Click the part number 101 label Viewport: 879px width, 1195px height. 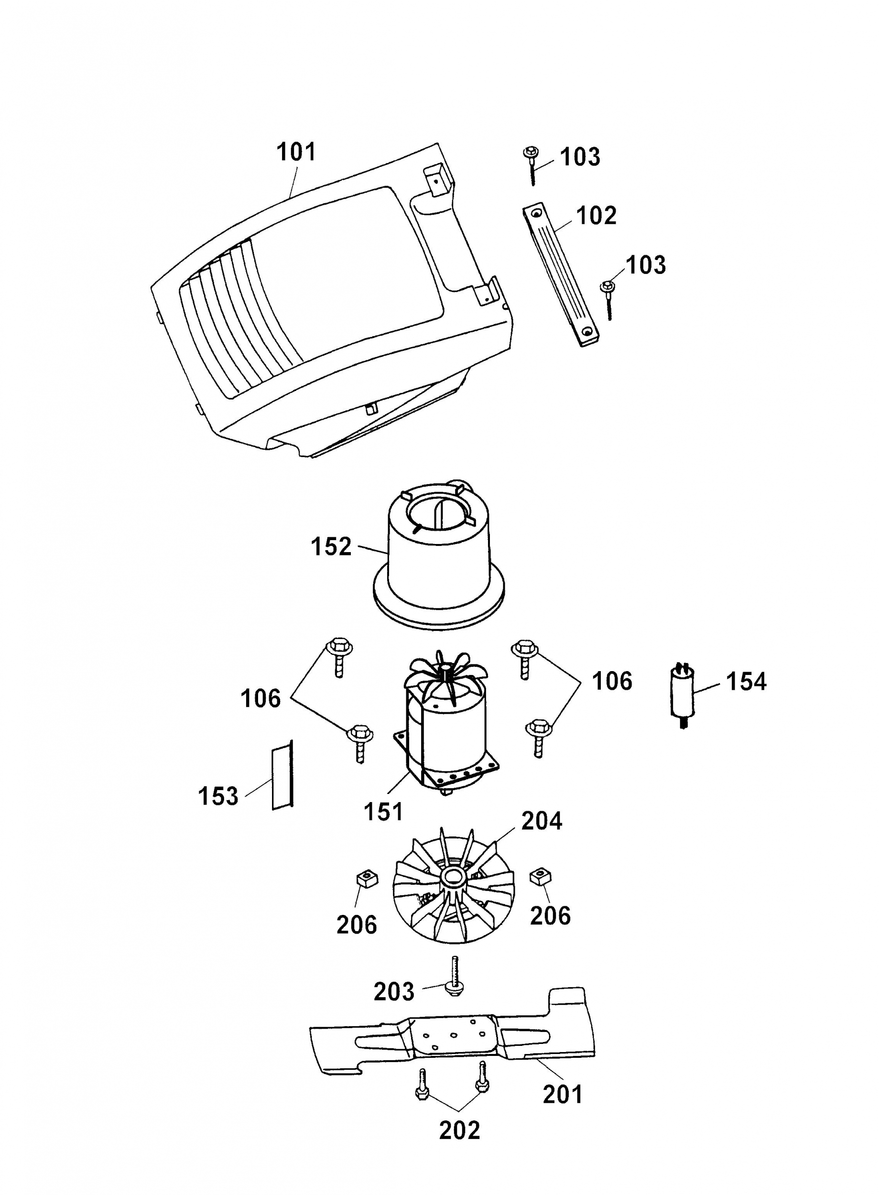pyautogui.click(x=296, y=152)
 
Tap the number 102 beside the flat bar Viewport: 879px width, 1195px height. pyautogui.click(x=596, y=216)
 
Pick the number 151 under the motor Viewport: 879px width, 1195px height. pyautogui.click(x=383, y=812)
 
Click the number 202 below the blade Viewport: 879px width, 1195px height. pyautogui.click(x=459, y=1130)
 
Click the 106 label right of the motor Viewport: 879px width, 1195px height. pyautogui.click(x=612, y=681)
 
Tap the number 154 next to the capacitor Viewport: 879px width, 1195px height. pyautogui.click(x=746, y=682)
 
